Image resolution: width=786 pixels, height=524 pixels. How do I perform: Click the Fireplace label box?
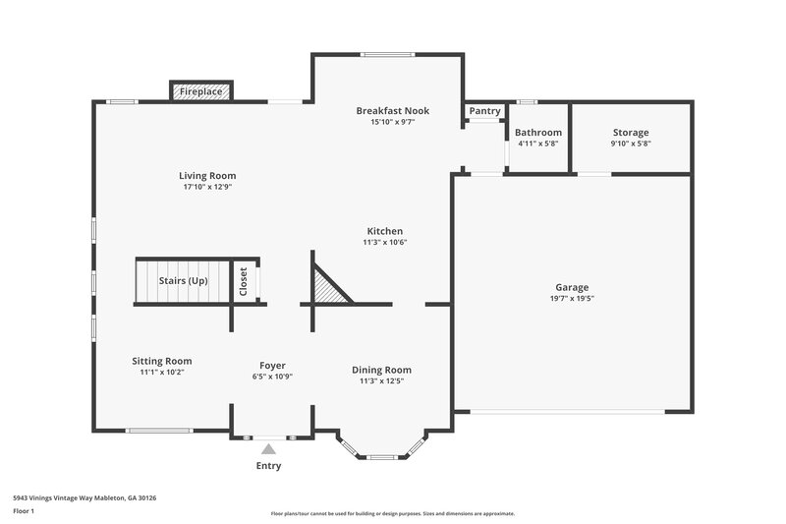point(200,91)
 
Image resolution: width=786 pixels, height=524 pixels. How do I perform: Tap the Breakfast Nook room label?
point(392,111)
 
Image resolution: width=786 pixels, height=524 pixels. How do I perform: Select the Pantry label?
point(484,111)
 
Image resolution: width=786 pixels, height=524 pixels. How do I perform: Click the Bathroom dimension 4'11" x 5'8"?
point(537,144)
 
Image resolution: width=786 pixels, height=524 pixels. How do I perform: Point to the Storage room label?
point(631,132)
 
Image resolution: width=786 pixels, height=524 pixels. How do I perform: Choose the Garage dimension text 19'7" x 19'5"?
point(572,298)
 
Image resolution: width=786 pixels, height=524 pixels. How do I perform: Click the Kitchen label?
point(384,231)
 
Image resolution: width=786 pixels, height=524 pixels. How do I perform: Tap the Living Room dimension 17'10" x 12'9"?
point(207,187)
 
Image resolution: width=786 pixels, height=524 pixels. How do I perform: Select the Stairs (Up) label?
point(184,281)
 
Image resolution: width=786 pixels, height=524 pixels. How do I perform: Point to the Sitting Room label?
point(162,361)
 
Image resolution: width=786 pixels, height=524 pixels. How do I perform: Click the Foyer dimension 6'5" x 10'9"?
point(272,377)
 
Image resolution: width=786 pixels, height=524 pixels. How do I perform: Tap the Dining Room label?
point(381,370)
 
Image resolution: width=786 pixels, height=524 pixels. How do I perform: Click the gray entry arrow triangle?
point(268,448)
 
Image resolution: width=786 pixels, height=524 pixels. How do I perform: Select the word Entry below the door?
point(268,466)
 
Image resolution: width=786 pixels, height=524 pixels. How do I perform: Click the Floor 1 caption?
point(24,511)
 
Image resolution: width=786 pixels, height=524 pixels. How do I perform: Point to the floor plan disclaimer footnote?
point(392,513)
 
